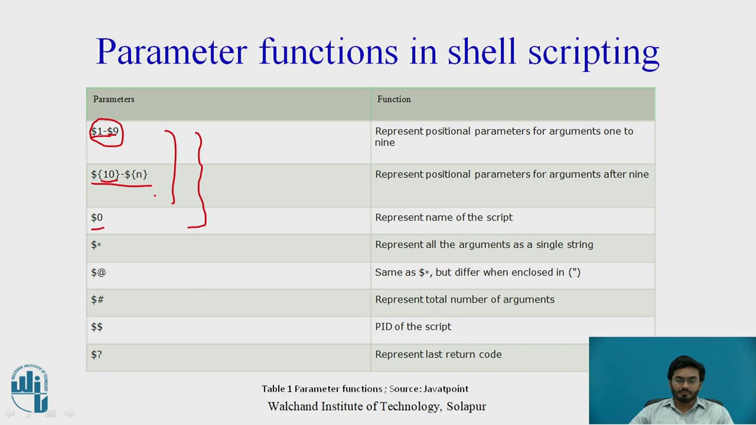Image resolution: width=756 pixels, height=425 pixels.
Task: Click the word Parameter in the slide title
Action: tap(171, 52)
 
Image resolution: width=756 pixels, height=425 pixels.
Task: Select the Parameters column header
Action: tap(113, 99)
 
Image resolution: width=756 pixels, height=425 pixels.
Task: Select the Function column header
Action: tap(394, 99)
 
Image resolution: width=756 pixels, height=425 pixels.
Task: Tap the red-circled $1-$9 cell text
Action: tap(105, 132)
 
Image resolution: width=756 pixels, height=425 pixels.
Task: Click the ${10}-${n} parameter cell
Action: tap(119, 175)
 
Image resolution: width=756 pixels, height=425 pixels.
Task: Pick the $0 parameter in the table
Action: tap(97, 218)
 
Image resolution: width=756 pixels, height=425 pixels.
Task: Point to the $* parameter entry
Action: tap(96, 245)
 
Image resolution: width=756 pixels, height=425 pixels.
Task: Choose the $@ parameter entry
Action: tap(98, 272)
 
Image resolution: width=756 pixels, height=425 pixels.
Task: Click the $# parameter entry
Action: tap(97, 300)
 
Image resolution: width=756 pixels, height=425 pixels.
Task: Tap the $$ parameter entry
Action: tap(97, 327)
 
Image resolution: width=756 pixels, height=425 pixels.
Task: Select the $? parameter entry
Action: tap(96, 354)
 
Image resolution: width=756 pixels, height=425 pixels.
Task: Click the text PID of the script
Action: tap(413, 327)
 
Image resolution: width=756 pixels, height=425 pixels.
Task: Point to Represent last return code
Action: tap(438, 354)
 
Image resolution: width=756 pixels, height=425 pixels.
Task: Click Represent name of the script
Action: tap(444, 217)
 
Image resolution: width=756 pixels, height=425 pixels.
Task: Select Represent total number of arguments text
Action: tap(465, 300)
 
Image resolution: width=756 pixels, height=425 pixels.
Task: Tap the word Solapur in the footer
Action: tap(466, 407)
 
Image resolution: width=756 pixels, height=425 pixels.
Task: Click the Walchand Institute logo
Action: tap(30, 388)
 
